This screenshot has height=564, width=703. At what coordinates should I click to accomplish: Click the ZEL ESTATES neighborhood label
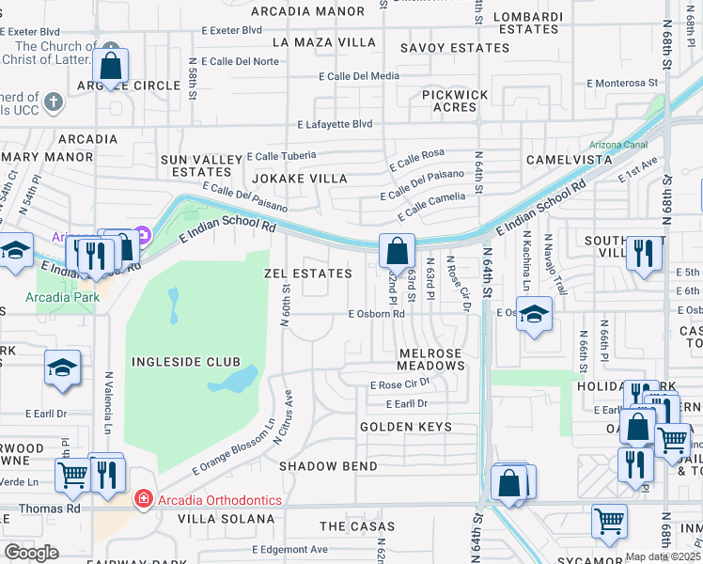[308, 274]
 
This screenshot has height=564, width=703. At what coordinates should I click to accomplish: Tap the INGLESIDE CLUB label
[186, 362]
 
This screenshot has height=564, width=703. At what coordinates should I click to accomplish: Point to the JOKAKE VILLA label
[299, 179]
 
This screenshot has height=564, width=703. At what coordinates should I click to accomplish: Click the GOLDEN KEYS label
[406, 427]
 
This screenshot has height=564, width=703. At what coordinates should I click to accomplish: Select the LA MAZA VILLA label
[324, 42]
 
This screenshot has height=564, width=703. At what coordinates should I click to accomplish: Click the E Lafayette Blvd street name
[336, 124]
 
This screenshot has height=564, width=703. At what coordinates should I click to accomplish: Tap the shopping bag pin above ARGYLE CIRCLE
[111, 67]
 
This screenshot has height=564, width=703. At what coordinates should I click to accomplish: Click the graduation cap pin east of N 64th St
[534, 317]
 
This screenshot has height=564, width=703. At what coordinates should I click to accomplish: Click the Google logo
[32, 553]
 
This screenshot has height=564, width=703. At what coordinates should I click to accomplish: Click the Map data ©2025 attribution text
[663, 556]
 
